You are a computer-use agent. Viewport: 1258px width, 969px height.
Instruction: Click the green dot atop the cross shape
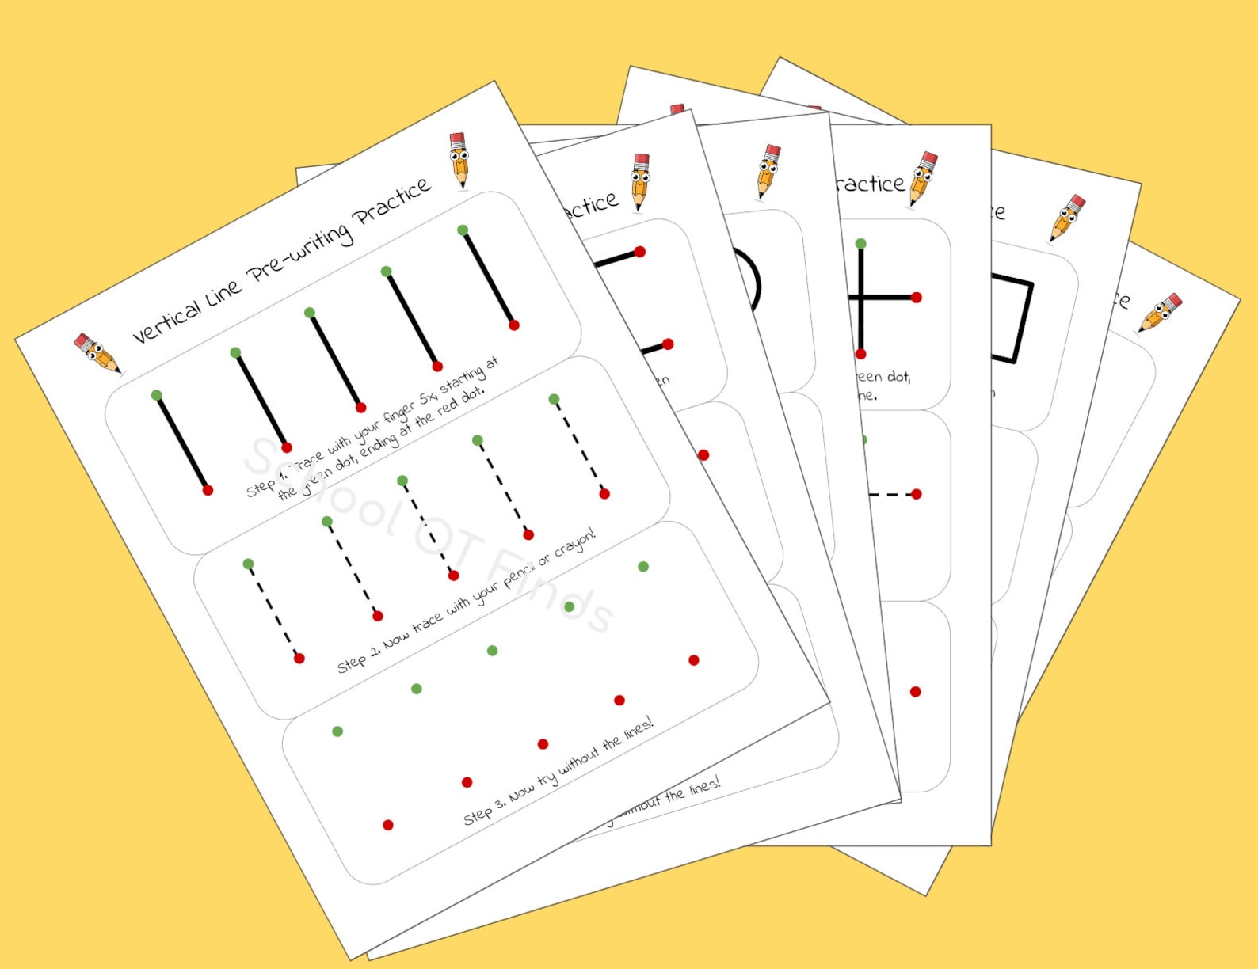click(x=861, y=244)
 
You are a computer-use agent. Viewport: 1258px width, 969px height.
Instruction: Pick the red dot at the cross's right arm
click(x=917, y=298)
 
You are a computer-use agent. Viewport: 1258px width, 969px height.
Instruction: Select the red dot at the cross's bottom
click(x=861, y=354)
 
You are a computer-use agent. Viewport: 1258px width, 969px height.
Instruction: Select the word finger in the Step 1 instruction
click(x=399, y=412)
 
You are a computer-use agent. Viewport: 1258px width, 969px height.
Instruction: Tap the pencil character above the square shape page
click(x=1067, y=218)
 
